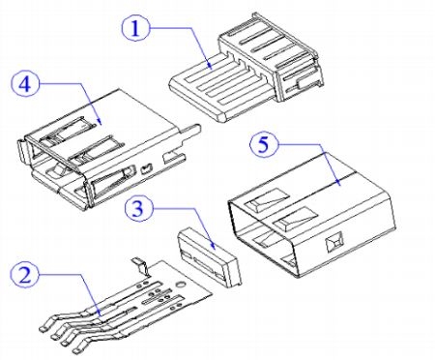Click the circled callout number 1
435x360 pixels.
click(x=135, y=28)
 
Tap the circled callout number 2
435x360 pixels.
click(x=25, y=275)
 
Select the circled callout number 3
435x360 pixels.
click(x=138, y=208)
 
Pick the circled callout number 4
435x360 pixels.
click(x=25, y=84)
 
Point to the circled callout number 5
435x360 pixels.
click(x=264, y=144)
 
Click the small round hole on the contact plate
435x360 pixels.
click(x=181, y=285)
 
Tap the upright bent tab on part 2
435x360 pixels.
click(x=141, y=266)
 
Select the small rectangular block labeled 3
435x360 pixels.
click(x=209, y=256)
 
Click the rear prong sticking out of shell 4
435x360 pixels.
click(x=190, y=133)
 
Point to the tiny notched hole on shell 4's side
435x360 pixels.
click(x=146, y=168)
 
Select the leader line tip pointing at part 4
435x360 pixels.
click(x=101, y=124)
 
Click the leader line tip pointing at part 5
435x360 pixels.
click(x=339, y=185)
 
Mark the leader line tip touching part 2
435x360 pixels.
click(x=101, y=315)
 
